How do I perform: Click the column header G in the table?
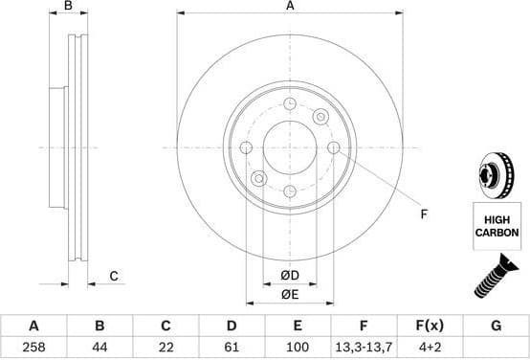(x=496, y=326)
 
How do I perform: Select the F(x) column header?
(x=430, y=326)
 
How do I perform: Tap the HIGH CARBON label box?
(x=497, y=226)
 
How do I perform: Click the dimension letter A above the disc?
(x=290, y=7)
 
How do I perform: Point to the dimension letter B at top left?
(x=67, y=7)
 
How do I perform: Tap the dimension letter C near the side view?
(x=113, y=277)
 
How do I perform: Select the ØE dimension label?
(x=289, y=294)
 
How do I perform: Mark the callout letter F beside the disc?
(x=424, y=214)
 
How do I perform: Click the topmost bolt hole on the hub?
(x=290, y=102)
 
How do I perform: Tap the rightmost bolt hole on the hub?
(x=334, y=147)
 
